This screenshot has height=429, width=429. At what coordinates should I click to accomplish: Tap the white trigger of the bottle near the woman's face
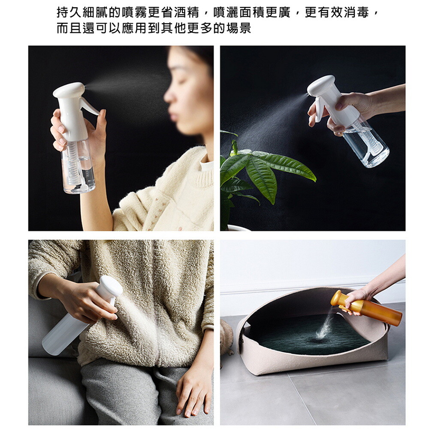point(89,106)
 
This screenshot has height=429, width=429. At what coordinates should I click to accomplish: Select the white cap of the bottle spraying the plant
point(320,86)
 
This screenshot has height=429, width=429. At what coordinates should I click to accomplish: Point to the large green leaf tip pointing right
point(314,179)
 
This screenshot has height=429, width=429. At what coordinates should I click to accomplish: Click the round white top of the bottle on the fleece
point(111,286)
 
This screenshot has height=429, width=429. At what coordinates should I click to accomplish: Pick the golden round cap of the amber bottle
point(337,299)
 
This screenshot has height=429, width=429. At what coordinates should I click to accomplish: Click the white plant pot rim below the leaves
point(239,228)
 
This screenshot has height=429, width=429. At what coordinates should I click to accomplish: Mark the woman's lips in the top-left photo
point(172,115)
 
